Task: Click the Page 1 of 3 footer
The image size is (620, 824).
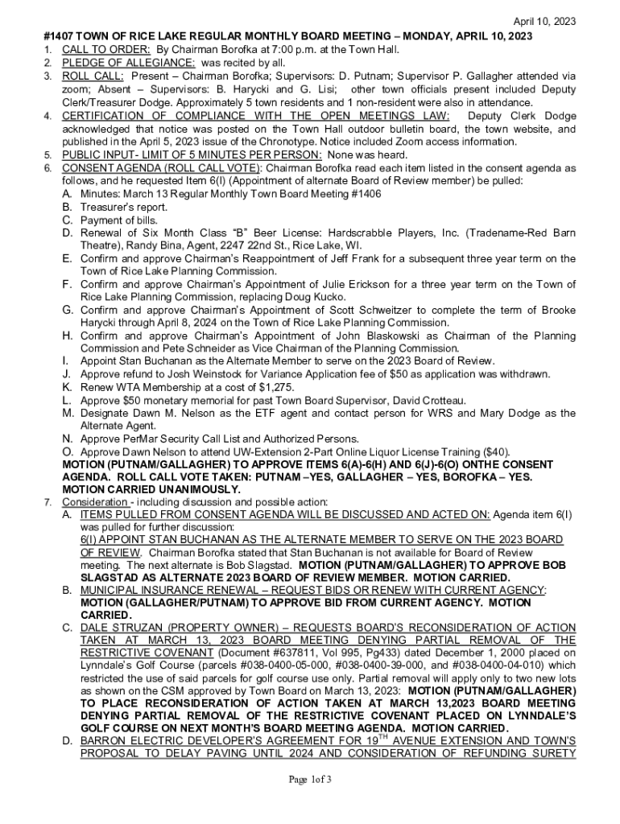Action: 310,779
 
